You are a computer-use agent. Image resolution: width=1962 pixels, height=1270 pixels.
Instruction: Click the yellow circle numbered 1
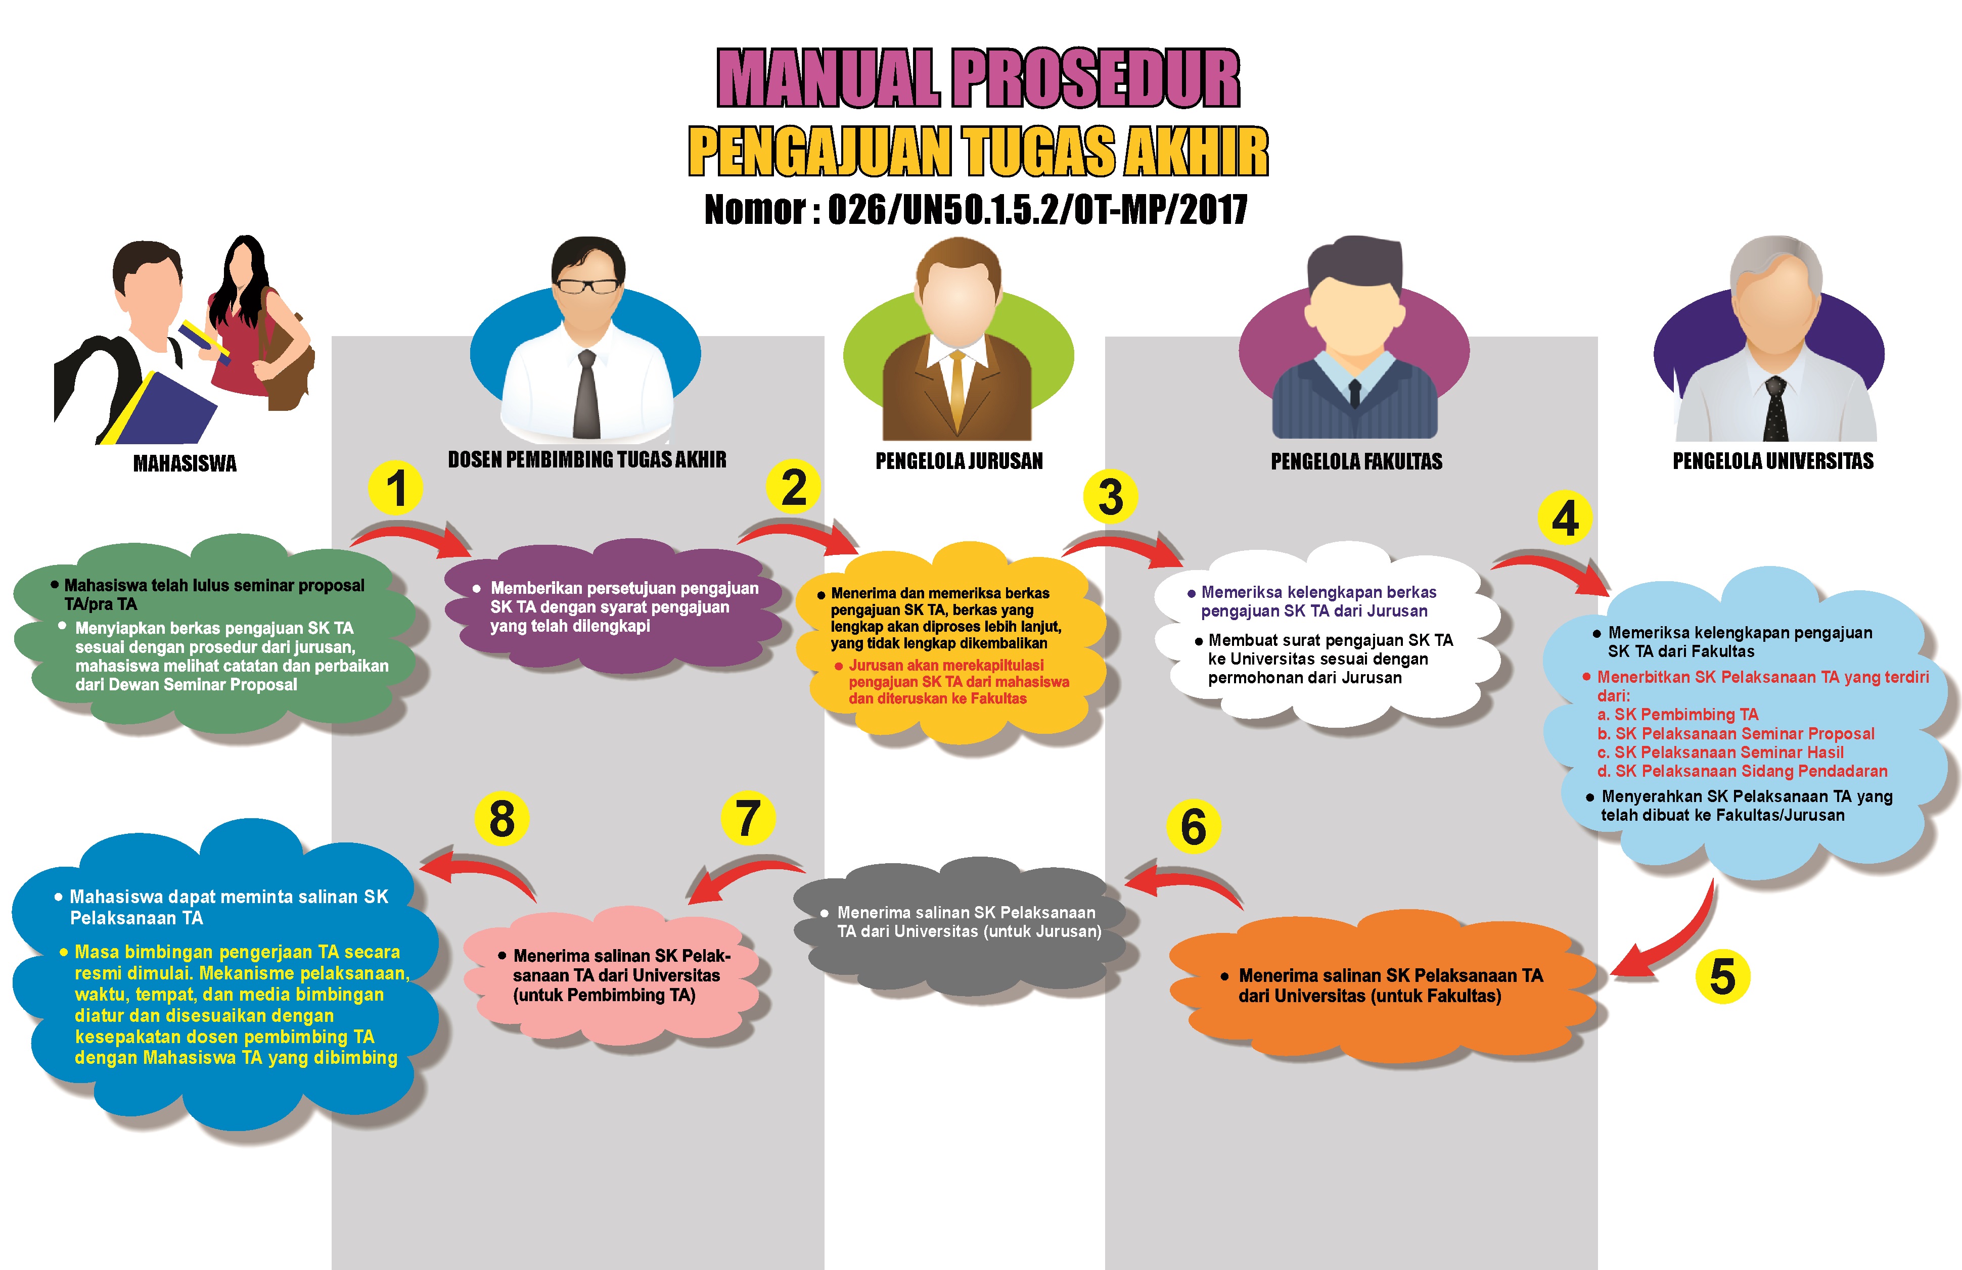pos(396,488)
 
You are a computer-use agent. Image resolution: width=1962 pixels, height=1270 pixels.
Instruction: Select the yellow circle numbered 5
pos(1722,976)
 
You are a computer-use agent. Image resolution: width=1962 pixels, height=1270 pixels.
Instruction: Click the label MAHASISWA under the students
pos(185,463)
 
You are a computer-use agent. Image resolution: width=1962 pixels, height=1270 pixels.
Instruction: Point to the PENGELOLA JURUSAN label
pos(959,461)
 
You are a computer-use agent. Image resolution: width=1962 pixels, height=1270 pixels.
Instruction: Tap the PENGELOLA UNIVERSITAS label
pos(1772,461)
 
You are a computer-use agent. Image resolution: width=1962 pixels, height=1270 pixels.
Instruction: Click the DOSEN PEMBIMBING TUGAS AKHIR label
pos(587,459)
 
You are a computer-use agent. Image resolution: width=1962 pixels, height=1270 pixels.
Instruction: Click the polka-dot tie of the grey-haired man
pos(1775,409)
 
